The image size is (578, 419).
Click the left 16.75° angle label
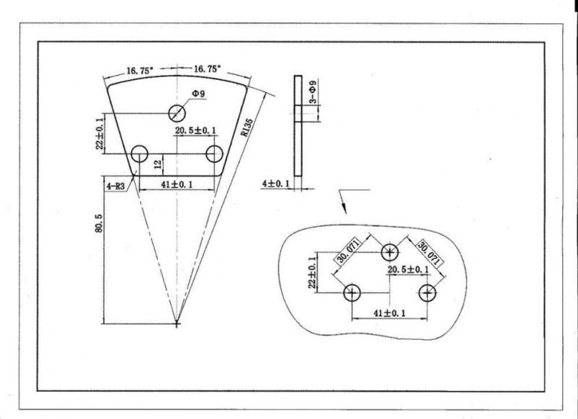[140, 70]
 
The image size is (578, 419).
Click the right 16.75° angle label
[207, 69]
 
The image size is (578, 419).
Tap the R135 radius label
[247, 127]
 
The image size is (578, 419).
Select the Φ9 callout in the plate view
[198, 94]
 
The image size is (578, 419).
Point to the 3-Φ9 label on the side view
[313, 91]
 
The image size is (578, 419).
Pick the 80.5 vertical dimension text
[98, 223]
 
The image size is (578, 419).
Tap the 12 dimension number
[157, 164]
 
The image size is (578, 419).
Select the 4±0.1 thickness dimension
[276, 183]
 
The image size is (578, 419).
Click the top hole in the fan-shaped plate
[177, 113]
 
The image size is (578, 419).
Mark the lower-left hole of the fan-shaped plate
[140, 153]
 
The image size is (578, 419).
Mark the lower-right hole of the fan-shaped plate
[214, 153]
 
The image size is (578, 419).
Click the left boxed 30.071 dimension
[347, 251]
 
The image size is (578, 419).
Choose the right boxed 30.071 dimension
[429, 253]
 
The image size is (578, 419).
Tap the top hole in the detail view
[390, 253]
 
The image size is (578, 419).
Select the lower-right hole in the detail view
[427, 293]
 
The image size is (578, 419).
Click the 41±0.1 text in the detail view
[390, 314]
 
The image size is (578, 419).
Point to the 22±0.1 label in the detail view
[313, 273]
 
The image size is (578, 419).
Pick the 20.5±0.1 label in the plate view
[195, 130]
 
